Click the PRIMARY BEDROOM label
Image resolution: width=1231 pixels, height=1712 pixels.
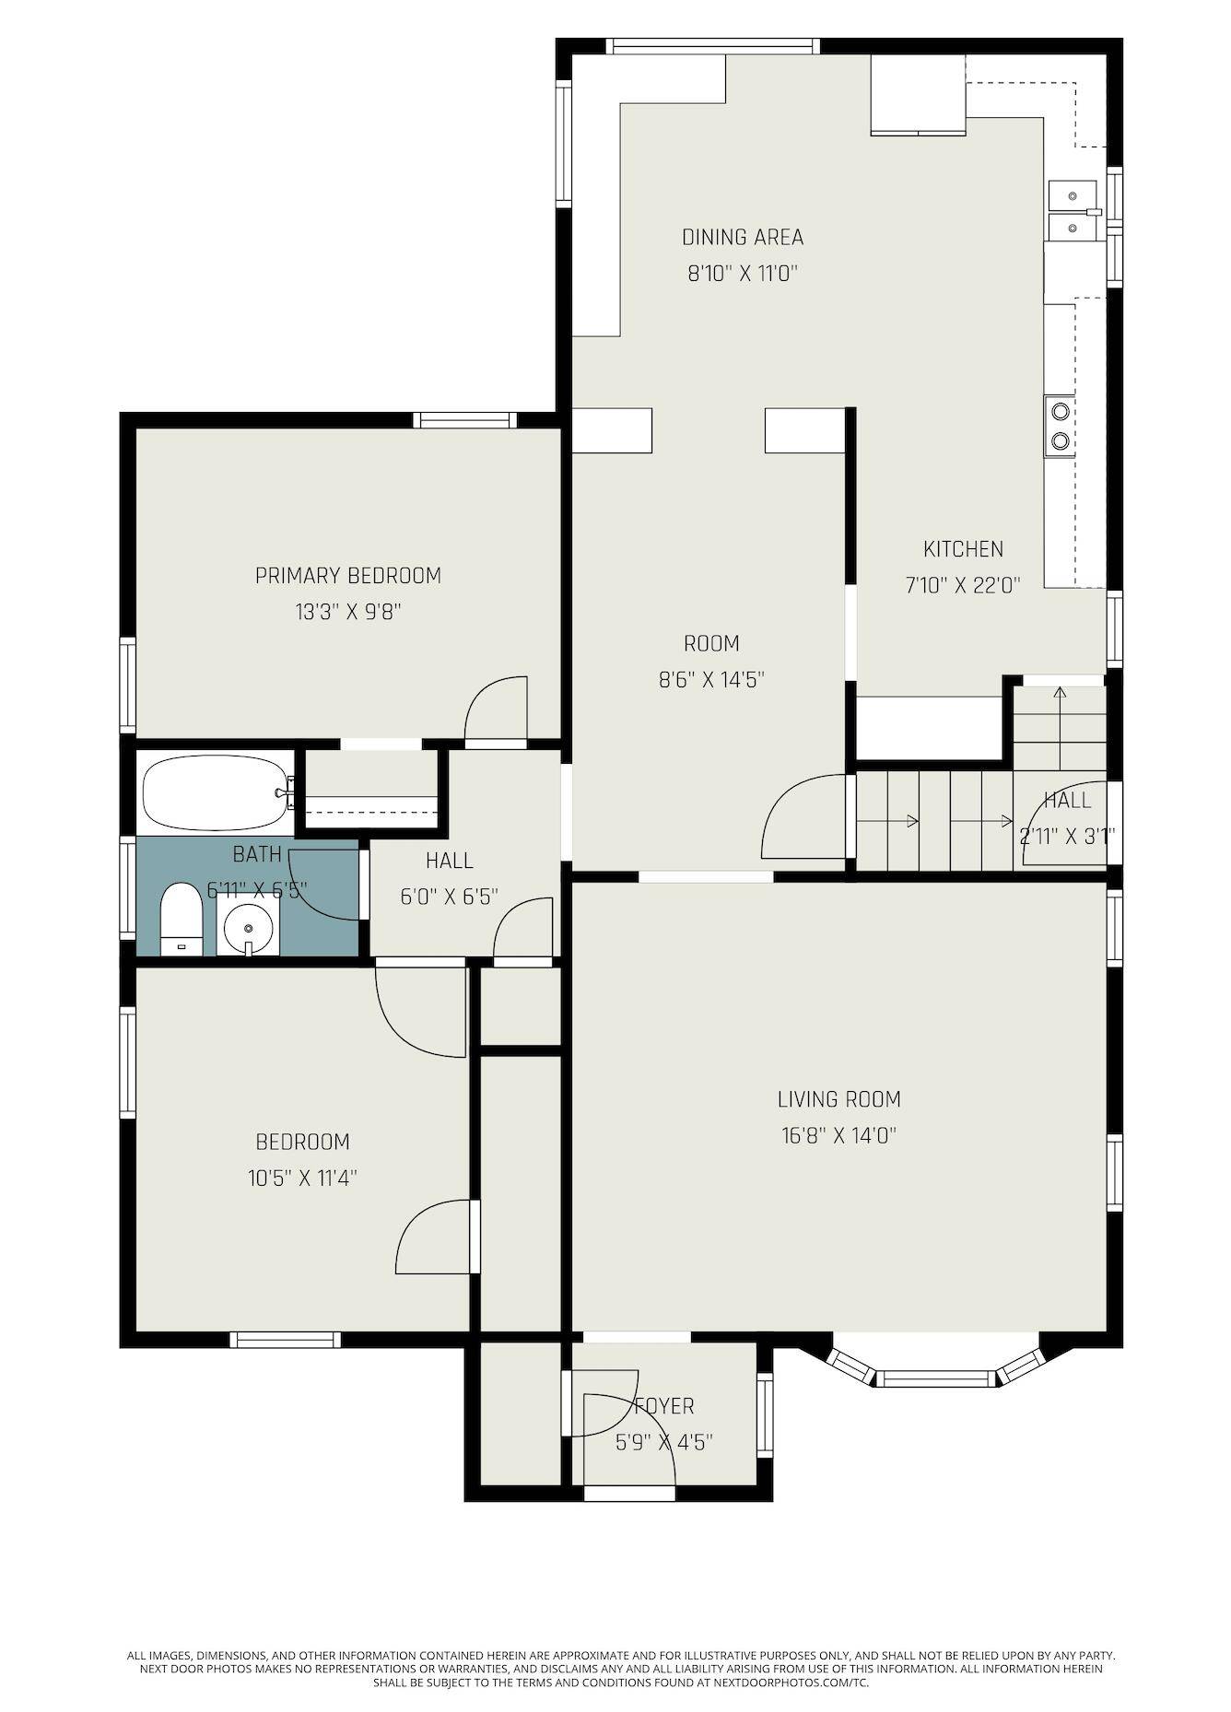point(348,576)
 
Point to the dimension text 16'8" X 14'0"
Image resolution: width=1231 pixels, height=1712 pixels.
point(838,1135)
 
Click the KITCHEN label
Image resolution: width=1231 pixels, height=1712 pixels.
point(963,549)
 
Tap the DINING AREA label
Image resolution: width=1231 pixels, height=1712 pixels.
point(743,237)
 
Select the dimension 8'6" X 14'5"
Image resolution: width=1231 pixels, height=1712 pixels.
point(711,680)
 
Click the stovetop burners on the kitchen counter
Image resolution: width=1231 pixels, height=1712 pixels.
point(1060,426)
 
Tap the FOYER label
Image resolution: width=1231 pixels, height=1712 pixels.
point(664,1406)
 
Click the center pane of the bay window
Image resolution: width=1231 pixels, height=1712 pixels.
point(935,1378)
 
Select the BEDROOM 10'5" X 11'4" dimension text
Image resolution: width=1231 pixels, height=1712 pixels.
point(302,1178)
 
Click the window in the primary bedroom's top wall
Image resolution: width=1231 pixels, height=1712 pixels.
point(463,420)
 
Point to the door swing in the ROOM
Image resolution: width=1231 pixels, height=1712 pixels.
point(800,818)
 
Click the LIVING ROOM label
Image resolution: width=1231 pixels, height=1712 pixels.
point(838,1098)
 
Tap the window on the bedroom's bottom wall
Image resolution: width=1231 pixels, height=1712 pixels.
point(285,1339)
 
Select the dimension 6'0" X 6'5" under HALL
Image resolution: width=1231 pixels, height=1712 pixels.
point(450,897)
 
